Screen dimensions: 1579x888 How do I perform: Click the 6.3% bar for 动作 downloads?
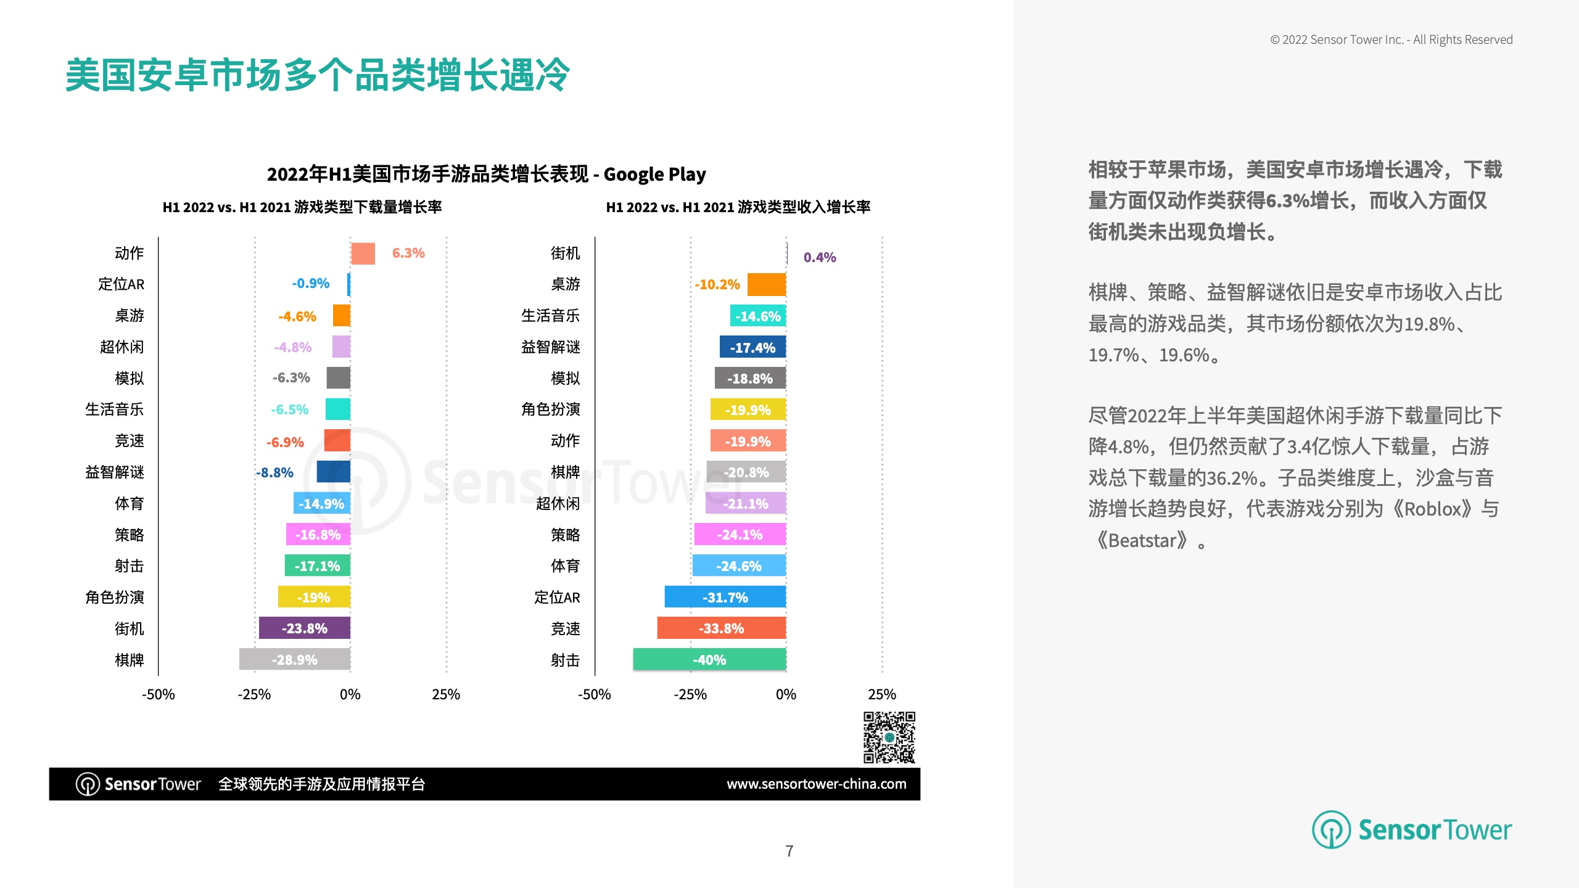363,253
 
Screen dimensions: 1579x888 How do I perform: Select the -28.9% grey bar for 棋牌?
295,659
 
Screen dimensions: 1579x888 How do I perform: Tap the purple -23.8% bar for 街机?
305,628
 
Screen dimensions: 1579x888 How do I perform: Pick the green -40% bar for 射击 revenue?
709,659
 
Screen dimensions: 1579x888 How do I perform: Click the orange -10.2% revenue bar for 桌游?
767,284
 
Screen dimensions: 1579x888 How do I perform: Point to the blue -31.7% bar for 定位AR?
725,597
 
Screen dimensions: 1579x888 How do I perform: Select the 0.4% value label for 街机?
820,257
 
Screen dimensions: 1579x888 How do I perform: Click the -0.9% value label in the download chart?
311,283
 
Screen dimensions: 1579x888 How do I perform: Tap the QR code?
889,738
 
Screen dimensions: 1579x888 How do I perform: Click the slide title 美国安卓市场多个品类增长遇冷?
318,75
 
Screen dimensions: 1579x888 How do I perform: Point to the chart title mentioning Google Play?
486,175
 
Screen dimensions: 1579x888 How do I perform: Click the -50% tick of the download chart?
159,694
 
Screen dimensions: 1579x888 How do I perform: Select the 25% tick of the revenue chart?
882,694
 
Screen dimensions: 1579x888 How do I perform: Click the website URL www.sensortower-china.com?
817,784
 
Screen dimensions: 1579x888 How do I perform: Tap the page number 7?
789,851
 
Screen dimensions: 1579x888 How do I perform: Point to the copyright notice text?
1391,39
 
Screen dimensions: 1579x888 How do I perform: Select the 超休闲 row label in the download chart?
122,347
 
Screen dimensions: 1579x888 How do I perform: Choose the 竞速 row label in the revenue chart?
566,628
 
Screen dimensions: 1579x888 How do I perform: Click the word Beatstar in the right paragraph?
1142,541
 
